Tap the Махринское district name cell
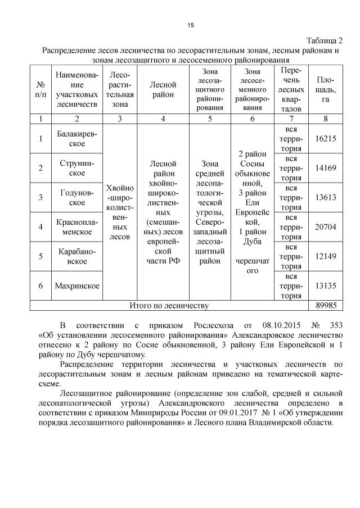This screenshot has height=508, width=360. (x=77, y=285)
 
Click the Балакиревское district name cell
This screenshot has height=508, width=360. (x=77, y=138)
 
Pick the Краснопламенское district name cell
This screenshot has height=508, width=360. (x=77, y=227)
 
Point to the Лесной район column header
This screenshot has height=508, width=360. (x=163, y=89)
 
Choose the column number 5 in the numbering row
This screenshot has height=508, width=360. (x=210, y=119)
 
